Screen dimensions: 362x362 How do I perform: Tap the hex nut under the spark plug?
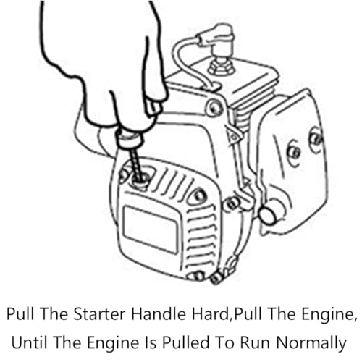tap(222, 67)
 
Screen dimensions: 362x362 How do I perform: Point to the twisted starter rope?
tap(136, 164)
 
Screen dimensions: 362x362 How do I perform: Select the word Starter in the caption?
tap(99, 314)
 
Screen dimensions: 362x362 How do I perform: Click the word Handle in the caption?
tap(159, 314)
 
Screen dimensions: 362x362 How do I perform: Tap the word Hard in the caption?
tap(210, 314)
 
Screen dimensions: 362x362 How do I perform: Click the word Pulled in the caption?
tap(186, 342)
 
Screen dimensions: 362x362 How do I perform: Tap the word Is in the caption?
tap(151, 342)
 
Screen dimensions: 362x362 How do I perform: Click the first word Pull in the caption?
tap(20, 314)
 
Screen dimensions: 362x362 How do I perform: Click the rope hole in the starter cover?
tap(140, 180)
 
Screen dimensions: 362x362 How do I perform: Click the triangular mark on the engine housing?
tap(233, 137)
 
